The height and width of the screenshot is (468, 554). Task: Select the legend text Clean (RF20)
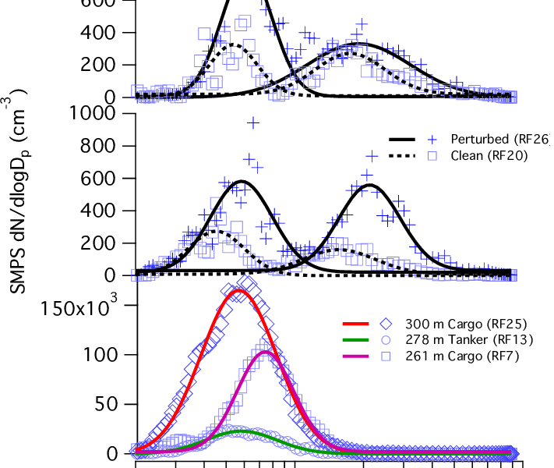[x=489, y=155]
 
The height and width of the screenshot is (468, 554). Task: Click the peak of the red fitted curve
[x=238, y=291]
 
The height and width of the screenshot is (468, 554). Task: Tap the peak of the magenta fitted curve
[x=265, y=352]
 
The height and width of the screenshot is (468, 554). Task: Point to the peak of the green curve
[x=242, y=431]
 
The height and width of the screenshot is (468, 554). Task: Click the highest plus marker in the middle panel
[x=253, y=122]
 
